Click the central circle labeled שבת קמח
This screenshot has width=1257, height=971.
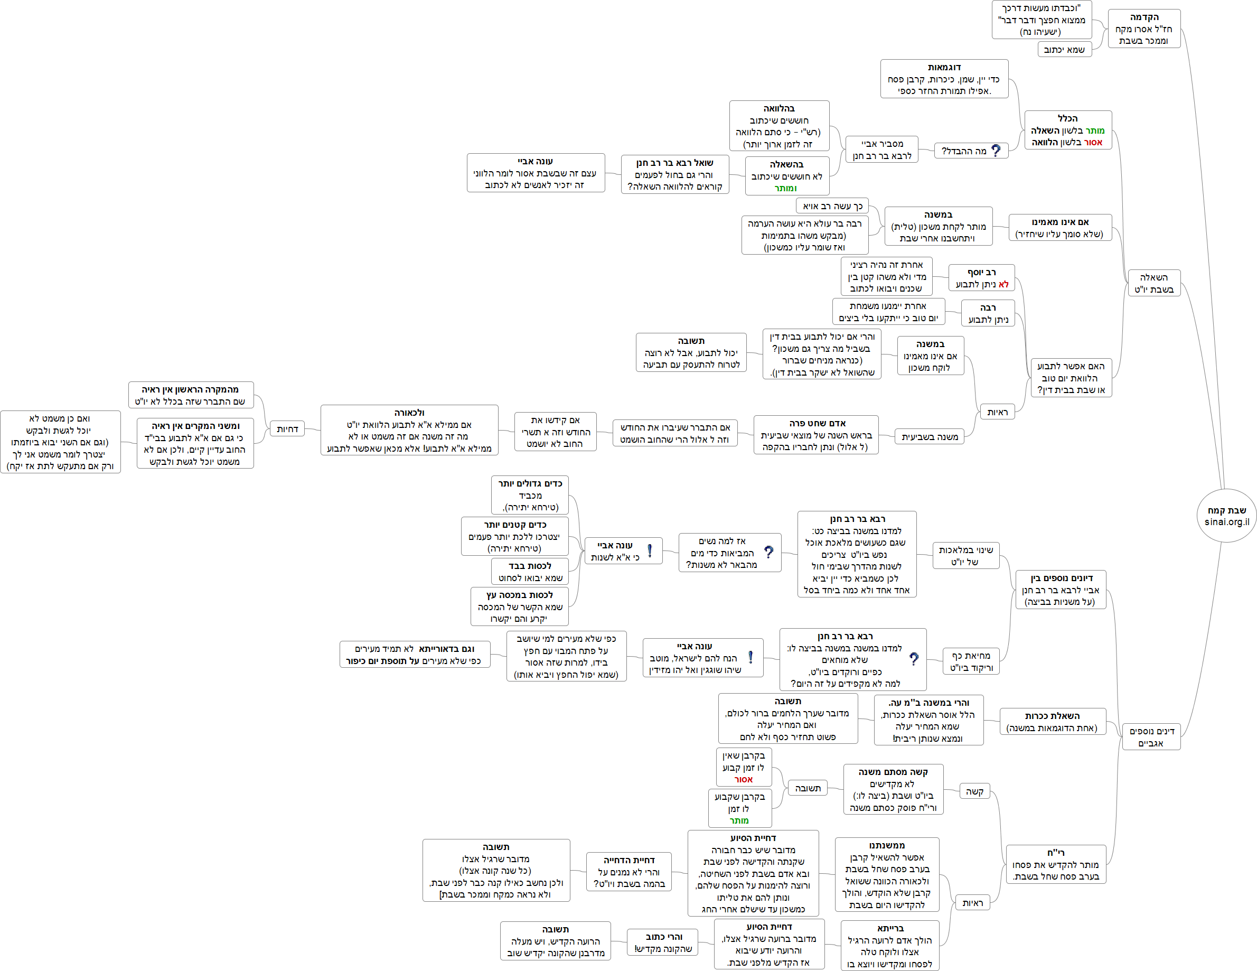click(x=1226, y=516)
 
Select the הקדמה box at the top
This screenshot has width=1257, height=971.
click(x=1143, y=29)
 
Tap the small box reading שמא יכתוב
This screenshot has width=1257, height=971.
click(x=1064, y=50)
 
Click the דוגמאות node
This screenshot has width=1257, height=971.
click(x=944, y=79)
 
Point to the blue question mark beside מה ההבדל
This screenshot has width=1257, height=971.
click(x=996, y=151)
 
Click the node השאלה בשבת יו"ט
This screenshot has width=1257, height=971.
click(x=1153, y=283)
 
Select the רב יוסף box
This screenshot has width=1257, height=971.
click(x=981, y=278)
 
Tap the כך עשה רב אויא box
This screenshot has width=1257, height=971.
click(x=832, y=206)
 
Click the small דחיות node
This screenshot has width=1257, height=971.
click(x=287, y=429)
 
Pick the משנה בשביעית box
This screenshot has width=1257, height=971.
click(x=930, y=437)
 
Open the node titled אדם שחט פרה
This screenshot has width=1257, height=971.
click(x=816, y=435)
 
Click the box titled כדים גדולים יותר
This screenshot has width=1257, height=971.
click(x=530, y=495)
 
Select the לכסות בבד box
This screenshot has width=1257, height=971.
click(x=530, y=572)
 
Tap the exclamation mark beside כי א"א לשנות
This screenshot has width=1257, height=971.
click(x=650, y=551)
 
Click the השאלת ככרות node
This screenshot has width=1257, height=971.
click(x=1052, y=722)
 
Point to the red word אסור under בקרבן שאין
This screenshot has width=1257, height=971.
click(x=743, y=779)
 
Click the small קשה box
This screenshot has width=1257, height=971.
click(x=974, y=791)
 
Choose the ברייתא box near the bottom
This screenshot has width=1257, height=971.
click(x=890, y=946)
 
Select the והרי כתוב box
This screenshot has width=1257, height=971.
click(x=663, y=943)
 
